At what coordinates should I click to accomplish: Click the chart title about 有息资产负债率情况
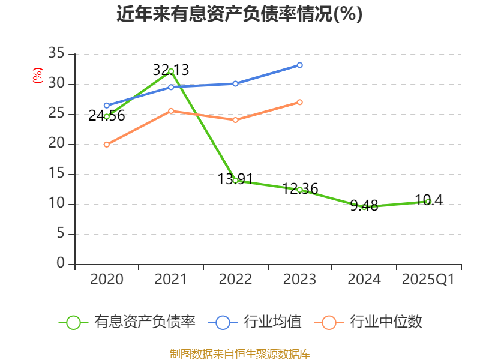click(x=239, y=14)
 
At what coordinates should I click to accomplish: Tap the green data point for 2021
click(x=171, y=71)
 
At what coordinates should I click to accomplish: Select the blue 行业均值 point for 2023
click(x=299, y=65)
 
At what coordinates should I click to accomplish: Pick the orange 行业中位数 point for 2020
click(x=107, y=145)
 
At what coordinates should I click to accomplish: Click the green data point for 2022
click(x=235, y=181)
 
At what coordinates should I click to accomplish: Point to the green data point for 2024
click(x=364, y=207)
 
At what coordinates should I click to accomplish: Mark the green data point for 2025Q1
click(x=428, y=202)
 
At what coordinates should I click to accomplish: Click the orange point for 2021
click(x=171, y=111)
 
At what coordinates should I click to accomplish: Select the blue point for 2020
click(x=107, y=106)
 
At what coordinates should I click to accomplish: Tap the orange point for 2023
click(x=299, y=102)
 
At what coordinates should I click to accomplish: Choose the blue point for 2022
click(x=235, y=83)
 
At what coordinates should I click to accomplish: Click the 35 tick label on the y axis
click(x=56, y=54)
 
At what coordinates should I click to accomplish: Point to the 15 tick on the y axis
click(x=56, y=174)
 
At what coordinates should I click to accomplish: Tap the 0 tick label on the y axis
click(x=61, y=264)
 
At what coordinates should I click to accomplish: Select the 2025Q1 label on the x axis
click(x=428, y=280)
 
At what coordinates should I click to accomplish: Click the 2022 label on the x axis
click(x=235, y=280)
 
